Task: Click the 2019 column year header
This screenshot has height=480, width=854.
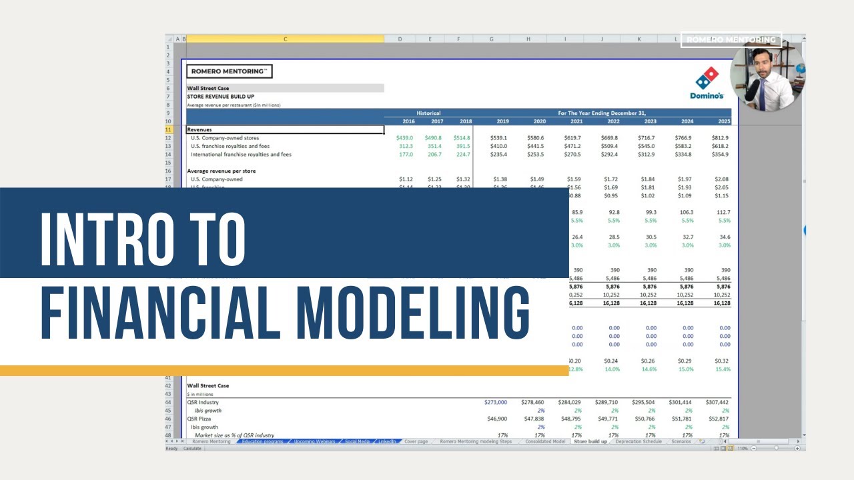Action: [502, 121]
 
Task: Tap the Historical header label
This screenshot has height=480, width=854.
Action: [428, 113]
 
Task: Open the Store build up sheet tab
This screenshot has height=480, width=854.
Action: [590, 441]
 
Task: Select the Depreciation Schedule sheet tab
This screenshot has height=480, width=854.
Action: [638, 441]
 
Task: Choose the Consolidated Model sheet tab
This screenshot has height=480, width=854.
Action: [544, 441]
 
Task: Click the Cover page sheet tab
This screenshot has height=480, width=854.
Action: [416, 441]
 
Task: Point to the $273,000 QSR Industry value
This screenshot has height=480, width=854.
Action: [496, 403]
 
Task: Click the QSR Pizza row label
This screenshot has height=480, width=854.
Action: [199, 419]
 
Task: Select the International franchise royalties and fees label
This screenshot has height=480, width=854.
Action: [241, 155]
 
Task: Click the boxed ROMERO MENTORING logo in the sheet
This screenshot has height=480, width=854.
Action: [229, 71]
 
